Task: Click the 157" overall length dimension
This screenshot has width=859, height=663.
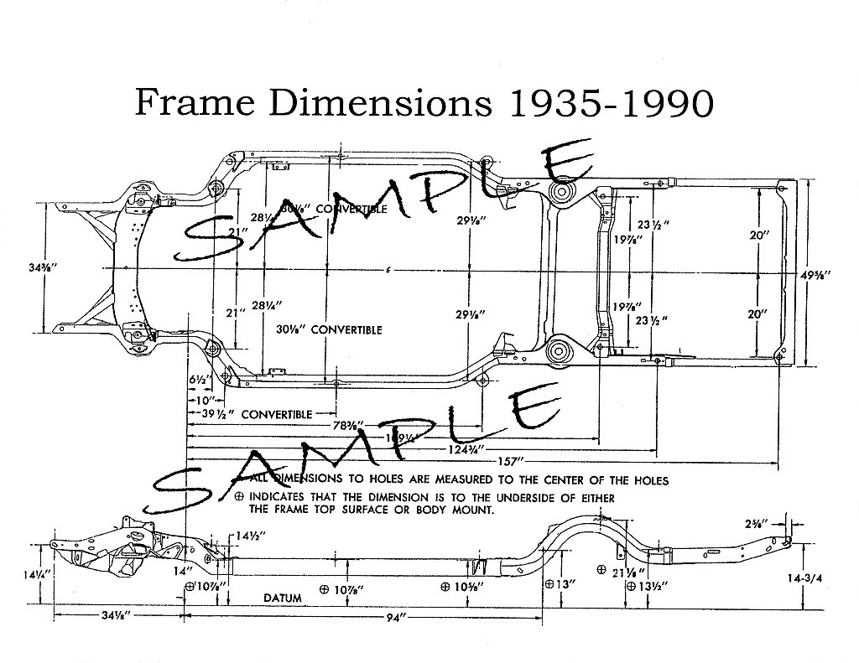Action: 508,461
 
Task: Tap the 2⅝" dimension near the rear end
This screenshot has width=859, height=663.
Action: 754,526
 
